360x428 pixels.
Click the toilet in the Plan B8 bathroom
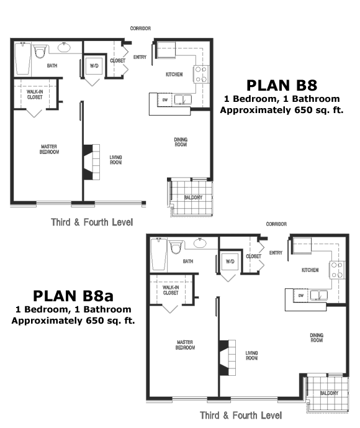pos(40,52)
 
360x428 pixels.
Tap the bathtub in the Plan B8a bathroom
pos(159,255)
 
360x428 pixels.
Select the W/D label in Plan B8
pos(94,66)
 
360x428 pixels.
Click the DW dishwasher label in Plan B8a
pos(301,295)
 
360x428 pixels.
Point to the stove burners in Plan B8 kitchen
pos(201,75)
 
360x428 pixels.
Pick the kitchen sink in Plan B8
pos(182,99)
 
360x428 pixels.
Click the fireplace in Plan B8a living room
pos(227,358)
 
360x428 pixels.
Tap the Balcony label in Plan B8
pos(193,198)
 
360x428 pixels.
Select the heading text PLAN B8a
pos(73,296)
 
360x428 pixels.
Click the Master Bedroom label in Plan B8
pos(49,149)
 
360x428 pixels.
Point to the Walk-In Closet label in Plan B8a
pos(171,290)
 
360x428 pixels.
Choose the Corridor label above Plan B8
pos(140,29)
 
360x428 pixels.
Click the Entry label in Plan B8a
pos(276,253)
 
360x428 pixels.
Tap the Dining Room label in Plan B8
pos(181,142)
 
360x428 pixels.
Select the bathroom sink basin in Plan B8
pos(64,48)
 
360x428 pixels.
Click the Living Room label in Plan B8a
pos(251,355)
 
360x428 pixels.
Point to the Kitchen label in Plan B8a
pos(310,270)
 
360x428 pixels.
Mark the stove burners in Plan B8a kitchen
pos(337,270)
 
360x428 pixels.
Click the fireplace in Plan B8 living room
pos(91,162)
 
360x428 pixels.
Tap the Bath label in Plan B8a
pos(188,262)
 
